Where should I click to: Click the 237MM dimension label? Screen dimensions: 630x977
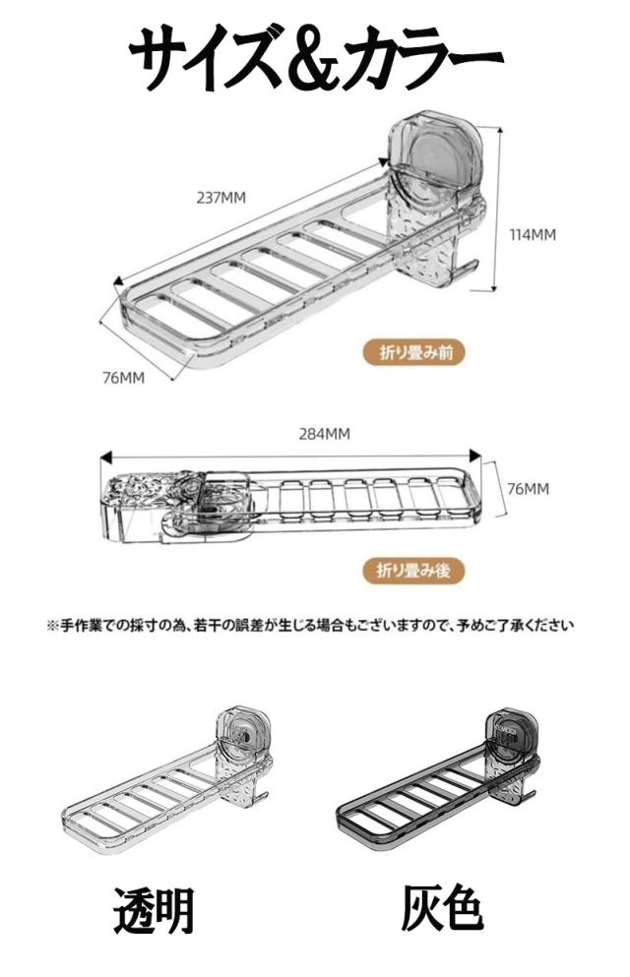(x=221, y=198)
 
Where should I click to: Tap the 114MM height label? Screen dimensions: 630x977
(x=533, y=235)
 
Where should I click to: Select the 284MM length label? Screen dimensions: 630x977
(x=324, y=434)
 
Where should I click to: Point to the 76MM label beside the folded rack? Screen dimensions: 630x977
(x=529, y=488)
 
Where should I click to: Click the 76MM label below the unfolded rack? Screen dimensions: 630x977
(x=123, y=378)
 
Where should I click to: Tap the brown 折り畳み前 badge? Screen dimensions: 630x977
(x=413, y=352)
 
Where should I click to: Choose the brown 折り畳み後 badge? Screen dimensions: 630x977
(x=413, y=570)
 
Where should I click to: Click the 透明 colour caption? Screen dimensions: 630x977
(x=154, y=911)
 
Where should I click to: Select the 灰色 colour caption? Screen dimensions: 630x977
(x=442, y=911)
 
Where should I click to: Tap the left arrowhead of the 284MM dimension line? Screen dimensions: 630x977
(x=105, y=457)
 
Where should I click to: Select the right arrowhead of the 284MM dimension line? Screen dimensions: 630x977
(x=475, y=457)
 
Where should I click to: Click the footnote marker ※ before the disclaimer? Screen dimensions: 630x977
(x=52, y=625)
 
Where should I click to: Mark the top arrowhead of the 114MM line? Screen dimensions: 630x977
(x=497, y=130)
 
